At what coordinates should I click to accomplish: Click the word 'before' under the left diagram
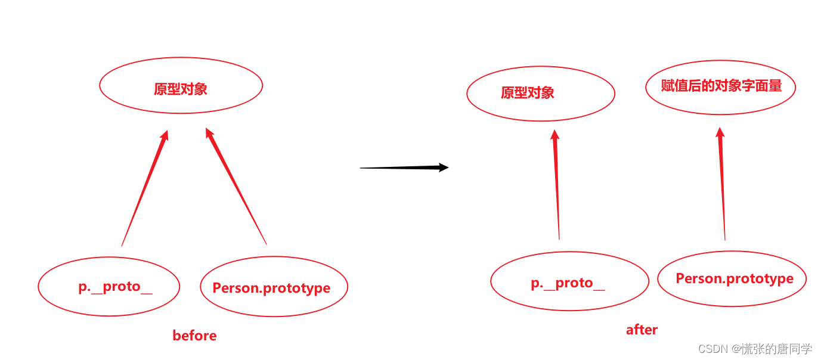click(x=194, y=336)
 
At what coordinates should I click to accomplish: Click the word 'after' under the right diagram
click(x=642, y=330)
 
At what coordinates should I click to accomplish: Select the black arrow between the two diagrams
click(x=399, y=168)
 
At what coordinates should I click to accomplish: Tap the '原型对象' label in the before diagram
click(x=181, y=89)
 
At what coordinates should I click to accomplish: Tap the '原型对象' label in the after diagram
click(x=528, y=93)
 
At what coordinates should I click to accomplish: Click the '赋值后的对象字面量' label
click(x=721, y=86)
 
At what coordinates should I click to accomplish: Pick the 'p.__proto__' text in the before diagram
click(x=115, y=287)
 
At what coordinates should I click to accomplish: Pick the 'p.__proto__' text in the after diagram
click(x=568, y=283)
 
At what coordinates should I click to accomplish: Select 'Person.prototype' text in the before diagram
click(x=271, y=288)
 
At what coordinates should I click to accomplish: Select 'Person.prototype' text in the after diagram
click(x=735, y=278)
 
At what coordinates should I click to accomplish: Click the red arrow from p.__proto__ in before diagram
click(x=144, y=191)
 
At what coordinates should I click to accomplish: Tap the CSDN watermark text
click(x=755, y=349)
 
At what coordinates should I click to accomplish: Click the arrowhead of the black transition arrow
click(x=444, y=167)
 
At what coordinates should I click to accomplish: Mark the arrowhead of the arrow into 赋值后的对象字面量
click(x=720, y=133)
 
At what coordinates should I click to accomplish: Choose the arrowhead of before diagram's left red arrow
click(x=165, y=136)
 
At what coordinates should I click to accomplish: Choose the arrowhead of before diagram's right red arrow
click(x=209, y=134)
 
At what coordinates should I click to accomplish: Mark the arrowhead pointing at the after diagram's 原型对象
click(x=555, y=135)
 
